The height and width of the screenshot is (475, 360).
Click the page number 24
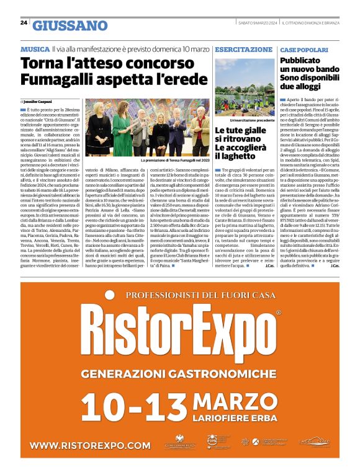point(24,22)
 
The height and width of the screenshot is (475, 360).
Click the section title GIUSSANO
point(70,25)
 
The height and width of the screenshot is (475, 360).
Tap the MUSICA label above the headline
point(35,48)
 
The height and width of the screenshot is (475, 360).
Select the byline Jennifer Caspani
point(39,100)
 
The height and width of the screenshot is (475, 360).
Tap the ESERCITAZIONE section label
point(243,48)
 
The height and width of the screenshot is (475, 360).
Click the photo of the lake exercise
point(244,87)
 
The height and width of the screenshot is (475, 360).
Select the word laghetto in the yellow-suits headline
point(236,157)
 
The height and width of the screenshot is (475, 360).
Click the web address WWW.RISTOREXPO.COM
point(90,445)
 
